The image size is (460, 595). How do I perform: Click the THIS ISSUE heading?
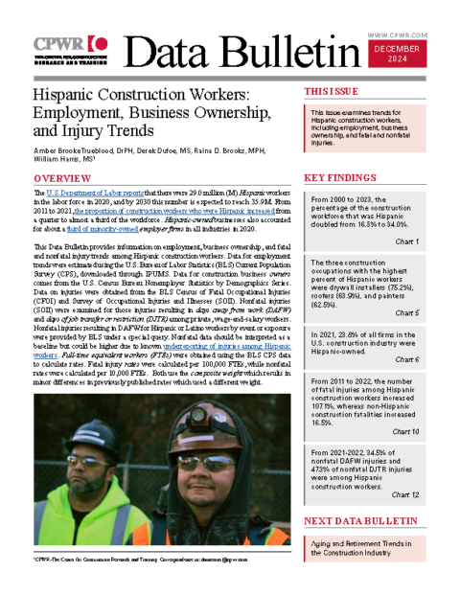[x=332, y=92]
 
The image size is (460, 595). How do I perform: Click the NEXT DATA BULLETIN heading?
[x=359, y=520]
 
